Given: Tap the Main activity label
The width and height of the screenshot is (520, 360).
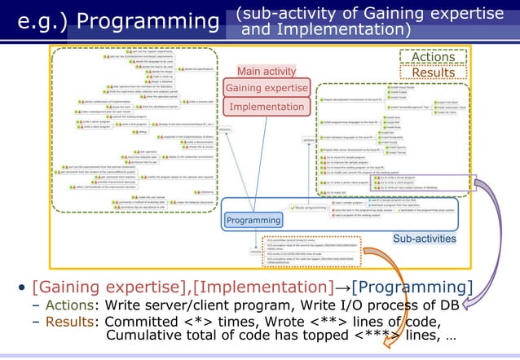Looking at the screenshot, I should [266, 70].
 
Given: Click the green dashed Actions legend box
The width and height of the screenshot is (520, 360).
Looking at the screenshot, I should [432, 57].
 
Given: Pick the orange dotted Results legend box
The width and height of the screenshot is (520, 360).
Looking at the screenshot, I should [432, 72].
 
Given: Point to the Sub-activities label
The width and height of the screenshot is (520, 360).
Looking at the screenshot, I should [424, 239].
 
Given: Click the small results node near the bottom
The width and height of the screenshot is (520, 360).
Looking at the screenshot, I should [253, 252].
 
